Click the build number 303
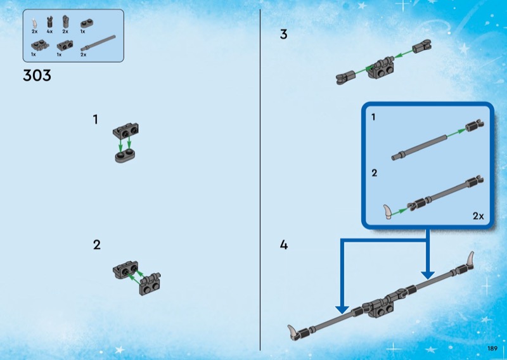click(37, 75)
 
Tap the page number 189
click(492, 349)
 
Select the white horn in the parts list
click(34, 23)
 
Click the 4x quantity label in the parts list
click(49, 32)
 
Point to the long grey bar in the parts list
click(98, 43)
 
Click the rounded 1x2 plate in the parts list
click(87, 23)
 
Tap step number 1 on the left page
click(96, 120)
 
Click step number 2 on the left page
click(97, 245)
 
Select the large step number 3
click(283, 34)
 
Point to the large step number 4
click(283, 245)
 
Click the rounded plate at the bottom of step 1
click(125, 156)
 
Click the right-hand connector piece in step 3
click(422, 46)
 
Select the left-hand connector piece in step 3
click(345, 77)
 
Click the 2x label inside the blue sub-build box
click(478, 216)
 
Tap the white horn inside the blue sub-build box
click(388, 212)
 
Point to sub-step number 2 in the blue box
click(375, 173)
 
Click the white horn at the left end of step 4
click(293, 333)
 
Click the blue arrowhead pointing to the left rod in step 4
click(342, 309)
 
